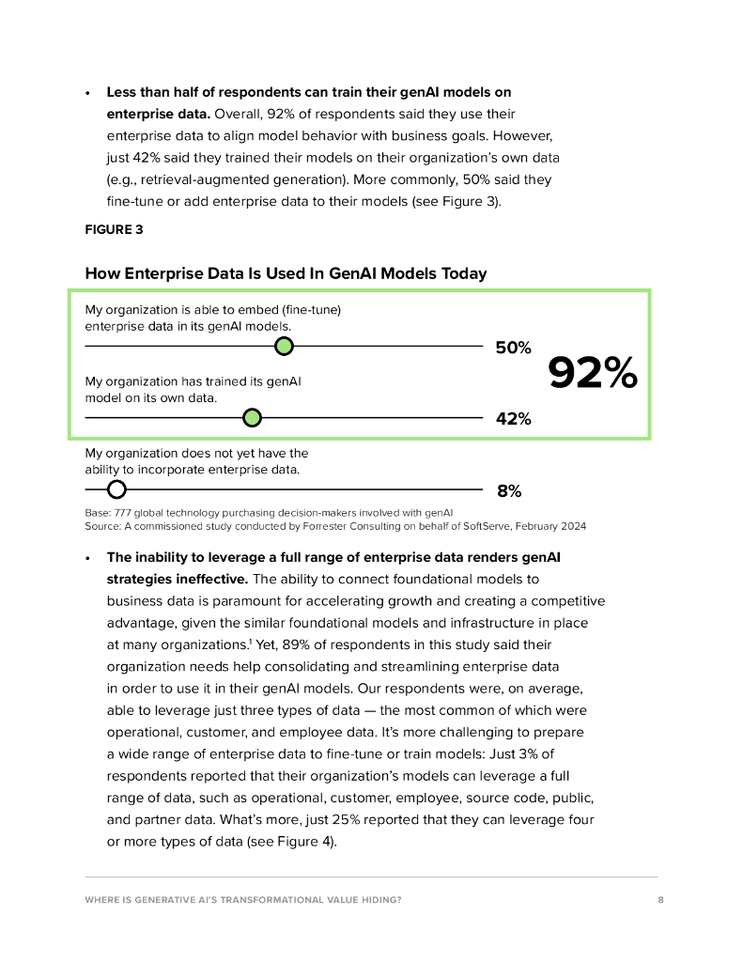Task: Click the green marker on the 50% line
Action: (285, 347)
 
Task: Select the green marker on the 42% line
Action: (252, 418)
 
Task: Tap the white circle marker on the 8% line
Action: (116, 489)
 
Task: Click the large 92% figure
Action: (593, 374)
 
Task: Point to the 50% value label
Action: (513, 349)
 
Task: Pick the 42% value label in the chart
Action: (513, 420)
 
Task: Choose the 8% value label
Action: (509, 491)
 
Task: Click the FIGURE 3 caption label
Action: (114, 227)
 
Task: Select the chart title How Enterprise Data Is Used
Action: (286, 273)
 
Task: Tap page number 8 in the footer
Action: (661, 900)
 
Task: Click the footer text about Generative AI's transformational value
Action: (243, 900)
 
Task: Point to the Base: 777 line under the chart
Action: (269, 513)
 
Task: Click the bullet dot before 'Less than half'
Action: (87, 93)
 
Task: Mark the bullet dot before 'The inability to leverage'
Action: (87, 558)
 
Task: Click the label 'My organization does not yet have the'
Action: (196, 453)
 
